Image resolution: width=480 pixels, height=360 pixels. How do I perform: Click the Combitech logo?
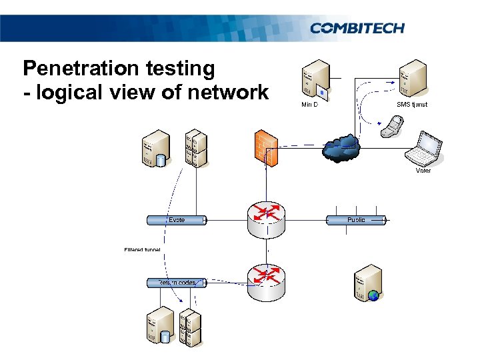[357, 28]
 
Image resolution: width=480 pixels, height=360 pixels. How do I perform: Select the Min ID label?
[309, 105]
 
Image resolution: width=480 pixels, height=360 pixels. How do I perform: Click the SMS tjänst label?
[411, 105]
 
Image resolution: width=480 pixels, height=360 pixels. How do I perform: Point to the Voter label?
[423, 171]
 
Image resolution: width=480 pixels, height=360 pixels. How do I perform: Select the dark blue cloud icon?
[340, 148]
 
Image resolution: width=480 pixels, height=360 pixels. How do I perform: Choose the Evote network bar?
[177, 219]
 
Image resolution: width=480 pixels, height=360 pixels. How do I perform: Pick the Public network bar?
[356, 219]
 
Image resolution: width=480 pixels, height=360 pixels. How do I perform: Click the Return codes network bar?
[177, 283]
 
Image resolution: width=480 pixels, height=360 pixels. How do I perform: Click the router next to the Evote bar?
[265, 219]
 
